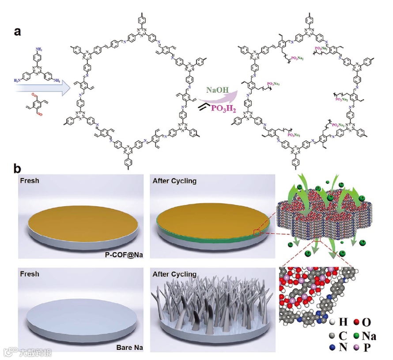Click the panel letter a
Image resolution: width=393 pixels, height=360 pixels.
[x=18, y=32]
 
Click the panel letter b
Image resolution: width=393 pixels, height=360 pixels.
[x=18, y=169]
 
